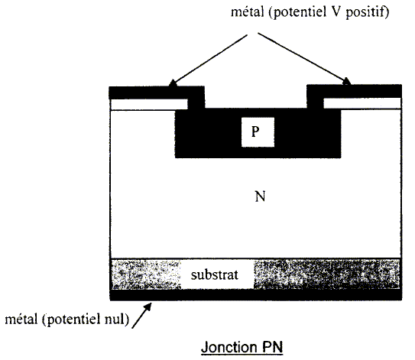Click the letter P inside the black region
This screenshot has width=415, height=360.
(x=255, y=131)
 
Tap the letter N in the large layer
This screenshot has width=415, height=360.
(x=260, y=196)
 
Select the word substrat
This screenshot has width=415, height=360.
(x=215, y=274)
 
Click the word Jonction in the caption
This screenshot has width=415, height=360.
(x=229, y=347)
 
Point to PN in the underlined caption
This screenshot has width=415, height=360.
(x=273, y=347)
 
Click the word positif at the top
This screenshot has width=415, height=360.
(x=367, y=12)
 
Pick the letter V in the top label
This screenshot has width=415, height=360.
(x=336, y=11)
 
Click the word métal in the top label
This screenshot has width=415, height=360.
(x=248, y=11)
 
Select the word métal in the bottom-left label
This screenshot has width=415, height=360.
(x=21, y=319)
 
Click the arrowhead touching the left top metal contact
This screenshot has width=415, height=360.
(x=173, y=83)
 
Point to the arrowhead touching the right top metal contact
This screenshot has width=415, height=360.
(x=346, y=81)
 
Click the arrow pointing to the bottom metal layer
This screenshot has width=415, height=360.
(x=141, y=316)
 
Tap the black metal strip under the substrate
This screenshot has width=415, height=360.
(x=256, y=295)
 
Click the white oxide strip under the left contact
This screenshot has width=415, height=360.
(x=149, y=104)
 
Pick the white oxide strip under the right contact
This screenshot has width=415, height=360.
(x=362, y=103)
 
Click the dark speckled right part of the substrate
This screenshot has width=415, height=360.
(x=326, y=274)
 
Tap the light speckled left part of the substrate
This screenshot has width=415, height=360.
(x=146, y=274)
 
